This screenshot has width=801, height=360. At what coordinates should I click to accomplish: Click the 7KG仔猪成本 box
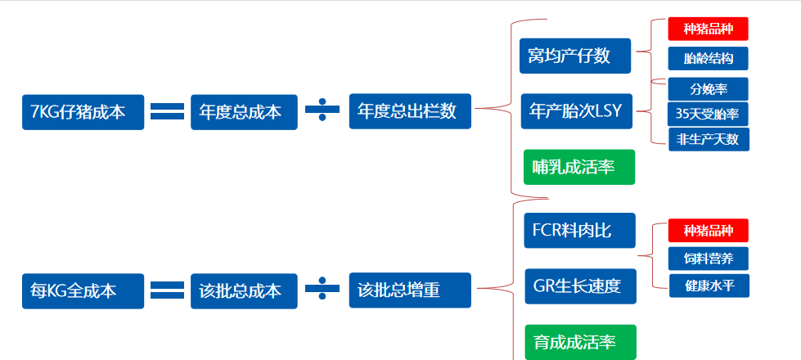(83, 112)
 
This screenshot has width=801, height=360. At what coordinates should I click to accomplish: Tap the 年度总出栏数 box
(410, 111)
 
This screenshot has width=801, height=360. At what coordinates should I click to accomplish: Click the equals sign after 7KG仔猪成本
(167, 111)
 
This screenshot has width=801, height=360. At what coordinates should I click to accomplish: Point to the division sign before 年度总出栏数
(322, 111)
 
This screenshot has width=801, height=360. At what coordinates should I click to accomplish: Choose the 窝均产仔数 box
(575, 56)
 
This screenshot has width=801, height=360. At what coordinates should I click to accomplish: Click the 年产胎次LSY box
(576, 111)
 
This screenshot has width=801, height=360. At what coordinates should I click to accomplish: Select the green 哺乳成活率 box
(579, 167)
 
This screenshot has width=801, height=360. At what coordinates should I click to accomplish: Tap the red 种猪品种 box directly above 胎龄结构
(708, 29)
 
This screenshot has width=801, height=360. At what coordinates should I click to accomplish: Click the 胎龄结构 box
(708, 59)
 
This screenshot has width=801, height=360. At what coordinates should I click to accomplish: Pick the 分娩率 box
(708, 88)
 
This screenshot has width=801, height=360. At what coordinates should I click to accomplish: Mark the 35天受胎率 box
(708, 114)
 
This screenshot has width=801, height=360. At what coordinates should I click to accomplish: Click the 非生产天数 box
(708, 139)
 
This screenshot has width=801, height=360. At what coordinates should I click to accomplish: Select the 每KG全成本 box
(83, 290)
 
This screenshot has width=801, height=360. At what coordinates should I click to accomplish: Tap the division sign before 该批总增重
(322, 290)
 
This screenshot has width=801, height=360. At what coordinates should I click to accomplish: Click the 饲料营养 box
(708, 259)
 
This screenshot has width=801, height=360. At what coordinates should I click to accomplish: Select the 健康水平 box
(708, 286)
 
